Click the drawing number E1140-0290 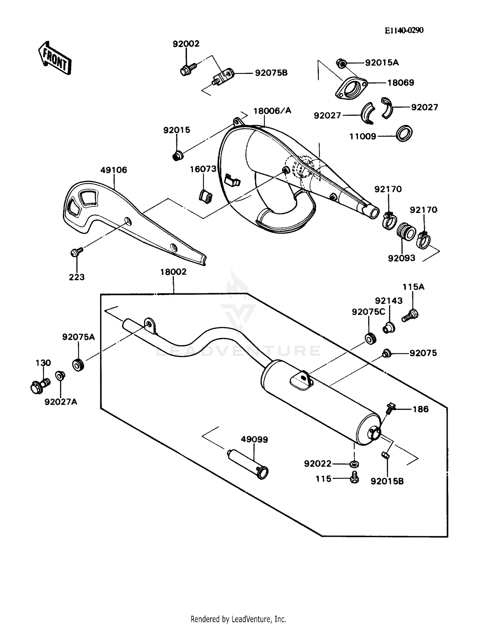coord(404,31)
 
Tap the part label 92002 coord(186,44)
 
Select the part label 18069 coord(400,83)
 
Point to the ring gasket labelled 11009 coord(404,133)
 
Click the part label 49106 coord(114,170)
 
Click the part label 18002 coord(173,272)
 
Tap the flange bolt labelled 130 coord(39,386)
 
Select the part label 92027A coord(61,402)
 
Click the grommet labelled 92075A coord(78,364)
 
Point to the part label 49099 coord(254,440)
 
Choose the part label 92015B coord(387,481)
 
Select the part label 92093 coord(401,258)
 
